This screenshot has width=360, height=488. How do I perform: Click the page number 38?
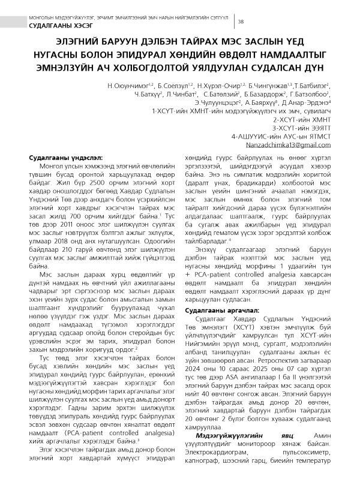pyautogui.click(x=241, y=22)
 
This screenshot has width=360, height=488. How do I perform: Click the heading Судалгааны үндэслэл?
pyautogui.click(x=58, y=157)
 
